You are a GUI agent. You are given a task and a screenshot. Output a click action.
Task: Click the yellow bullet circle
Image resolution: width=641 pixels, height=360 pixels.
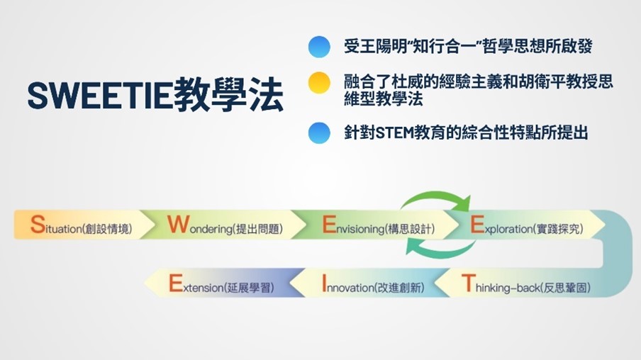pos(319,83)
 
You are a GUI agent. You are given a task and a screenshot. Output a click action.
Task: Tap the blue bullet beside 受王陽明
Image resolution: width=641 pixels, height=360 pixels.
pos(319,47)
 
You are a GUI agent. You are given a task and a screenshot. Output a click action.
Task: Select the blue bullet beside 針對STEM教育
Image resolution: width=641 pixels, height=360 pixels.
pos(319,133)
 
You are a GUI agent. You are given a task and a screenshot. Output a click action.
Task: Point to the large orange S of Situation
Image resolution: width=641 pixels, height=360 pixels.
pos(38,225)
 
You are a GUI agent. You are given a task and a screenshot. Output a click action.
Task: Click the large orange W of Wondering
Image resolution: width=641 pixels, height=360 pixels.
pos(179,225)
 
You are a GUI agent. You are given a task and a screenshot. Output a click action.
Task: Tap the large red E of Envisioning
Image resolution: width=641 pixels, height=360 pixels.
pos(329,225)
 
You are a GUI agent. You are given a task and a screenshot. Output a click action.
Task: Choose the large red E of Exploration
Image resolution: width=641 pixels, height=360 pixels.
pos(477,225)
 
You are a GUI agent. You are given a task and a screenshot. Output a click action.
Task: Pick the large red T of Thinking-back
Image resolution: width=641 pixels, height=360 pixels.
pos(469,283)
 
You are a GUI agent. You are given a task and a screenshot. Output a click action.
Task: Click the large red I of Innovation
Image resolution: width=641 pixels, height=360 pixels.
pos(325,283)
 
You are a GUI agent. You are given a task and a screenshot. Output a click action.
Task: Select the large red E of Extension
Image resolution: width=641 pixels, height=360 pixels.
pos(176,283)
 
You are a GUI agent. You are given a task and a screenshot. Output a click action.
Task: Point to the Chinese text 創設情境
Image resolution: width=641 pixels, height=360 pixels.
pos(107,229)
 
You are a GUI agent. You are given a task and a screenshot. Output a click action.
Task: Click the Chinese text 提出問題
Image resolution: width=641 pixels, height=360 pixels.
pos(257,229)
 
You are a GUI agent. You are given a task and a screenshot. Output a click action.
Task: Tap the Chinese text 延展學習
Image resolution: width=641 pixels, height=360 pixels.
pos(249,288)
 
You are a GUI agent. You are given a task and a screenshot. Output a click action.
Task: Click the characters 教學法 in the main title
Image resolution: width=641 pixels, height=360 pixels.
pos(228,96)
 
